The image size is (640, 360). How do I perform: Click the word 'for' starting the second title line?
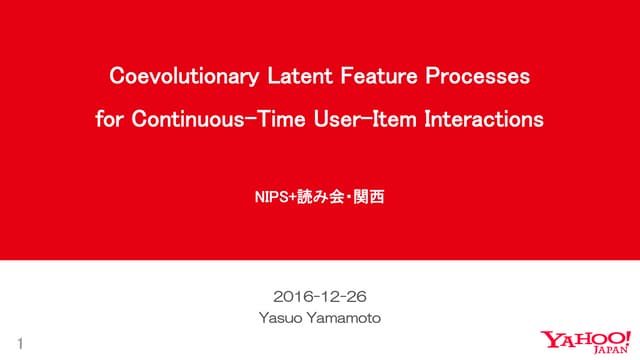(x=107, y=120)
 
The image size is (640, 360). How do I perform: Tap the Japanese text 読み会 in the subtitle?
(x=319, y=198)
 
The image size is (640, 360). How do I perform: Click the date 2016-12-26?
(x=319, y=296)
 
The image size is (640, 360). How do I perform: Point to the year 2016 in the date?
(x=291, y=296)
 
